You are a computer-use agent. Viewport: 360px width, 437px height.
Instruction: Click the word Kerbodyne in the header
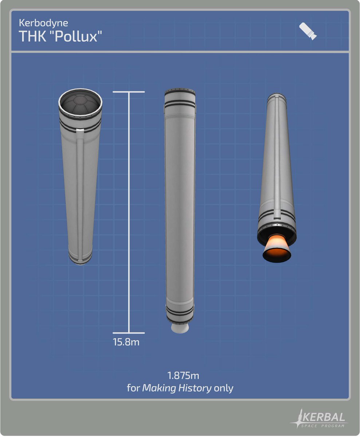(x=43, y=23)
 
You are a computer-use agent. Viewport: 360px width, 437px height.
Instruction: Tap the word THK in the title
(x=32, y=36)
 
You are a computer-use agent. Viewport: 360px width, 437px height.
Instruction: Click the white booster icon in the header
(x=308, y=31)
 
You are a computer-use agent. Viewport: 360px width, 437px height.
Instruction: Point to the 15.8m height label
(x=126, y=342)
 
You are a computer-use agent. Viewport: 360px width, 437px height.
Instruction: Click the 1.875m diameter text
(x=183, y=375)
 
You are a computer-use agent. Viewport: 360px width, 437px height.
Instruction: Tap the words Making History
(x=177, y=388)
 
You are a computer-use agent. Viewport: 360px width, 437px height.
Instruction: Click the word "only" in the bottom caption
(x=223, y=389)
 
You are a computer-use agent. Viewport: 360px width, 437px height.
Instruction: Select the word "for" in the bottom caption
(x=133, y=388)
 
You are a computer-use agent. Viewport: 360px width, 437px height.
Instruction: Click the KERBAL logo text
(x=323, y=418)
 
